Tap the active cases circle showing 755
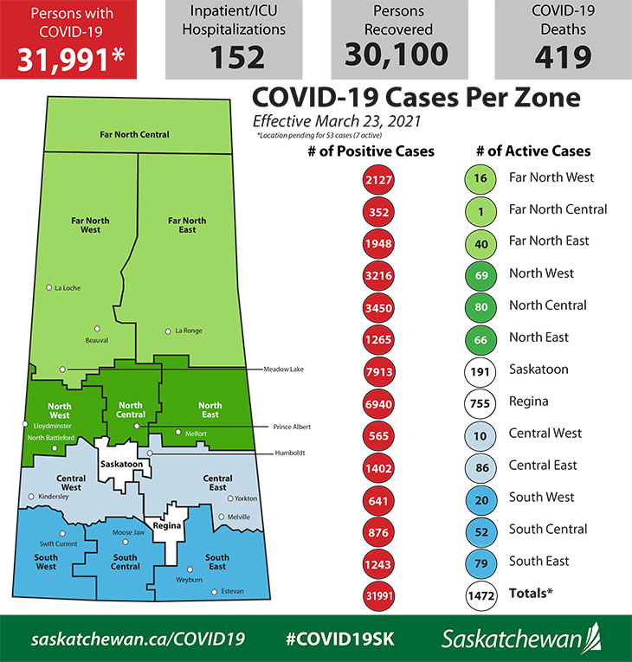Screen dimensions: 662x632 click(x=480, y=402)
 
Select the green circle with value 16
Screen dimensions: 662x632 click(x=480, y=178)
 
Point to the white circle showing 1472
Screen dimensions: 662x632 click(x=480, y=595)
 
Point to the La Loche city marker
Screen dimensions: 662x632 click(x=49, y=287)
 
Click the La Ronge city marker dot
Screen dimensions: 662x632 click(x=168, y=331)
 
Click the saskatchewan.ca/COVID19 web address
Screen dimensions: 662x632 click(x=139, y=639)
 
